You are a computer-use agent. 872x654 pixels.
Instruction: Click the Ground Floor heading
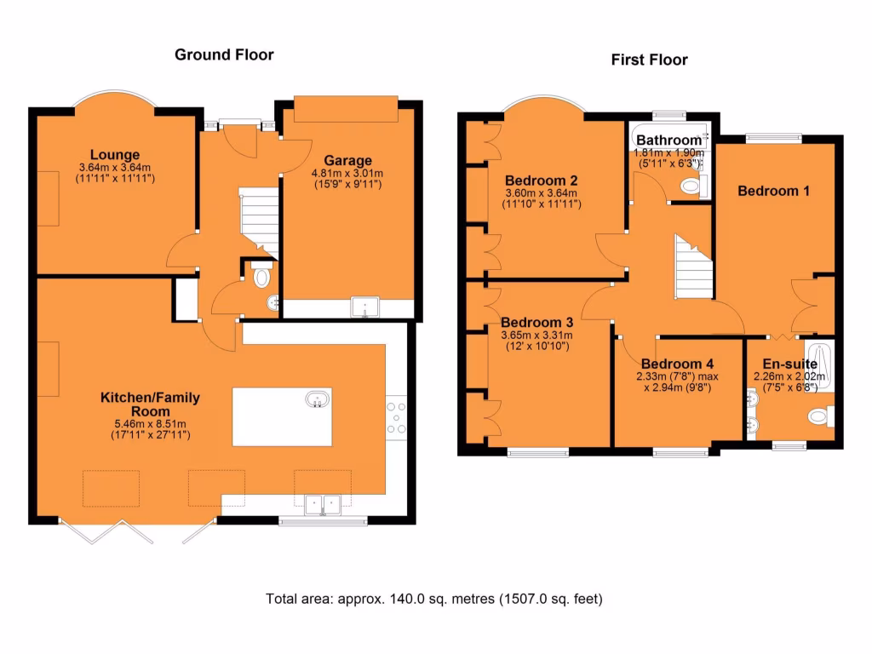224,54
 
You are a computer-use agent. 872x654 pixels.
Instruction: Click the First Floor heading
649,60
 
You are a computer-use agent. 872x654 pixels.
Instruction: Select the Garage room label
347,160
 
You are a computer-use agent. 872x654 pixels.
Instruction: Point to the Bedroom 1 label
773,191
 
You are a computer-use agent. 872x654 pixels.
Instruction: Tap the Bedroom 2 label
542,181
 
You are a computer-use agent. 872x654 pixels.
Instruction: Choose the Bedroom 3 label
536,323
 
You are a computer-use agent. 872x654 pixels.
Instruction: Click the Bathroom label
668,140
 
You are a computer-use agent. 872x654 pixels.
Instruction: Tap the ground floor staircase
259,217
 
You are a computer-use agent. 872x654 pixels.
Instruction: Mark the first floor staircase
693,266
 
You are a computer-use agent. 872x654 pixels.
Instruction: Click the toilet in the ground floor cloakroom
262,276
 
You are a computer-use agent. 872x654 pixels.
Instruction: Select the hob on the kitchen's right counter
397,417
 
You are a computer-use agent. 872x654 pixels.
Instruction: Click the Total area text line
434,599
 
